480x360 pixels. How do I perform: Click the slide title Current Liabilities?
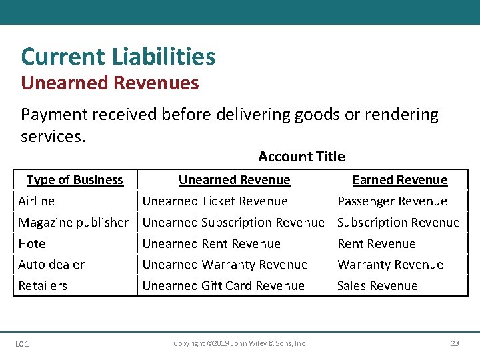pyautogui.click(x=118, y=57)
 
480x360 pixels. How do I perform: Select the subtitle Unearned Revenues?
pyautogui.click(x=109, y=83)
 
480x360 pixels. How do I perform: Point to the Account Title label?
pyautogui.click(x=301, y=157)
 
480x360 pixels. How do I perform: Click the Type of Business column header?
pyautogui.click(x=75, y=180)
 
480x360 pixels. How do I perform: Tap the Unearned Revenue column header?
pyautogui.click(x=234, y=180)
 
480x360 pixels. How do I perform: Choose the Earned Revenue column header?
pyautogui.click(x=399, y=180)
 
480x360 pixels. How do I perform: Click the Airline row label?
pyautogui.click(x=37, y=201)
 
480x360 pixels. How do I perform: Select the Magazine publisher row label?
pyautogui.click(x=73, y=223)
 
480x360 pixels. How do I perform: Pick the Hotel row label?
pyautogui.click(x=33, y=244)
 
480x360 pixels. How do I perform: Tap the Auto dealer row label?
pyautogui.click(x=51, y=265)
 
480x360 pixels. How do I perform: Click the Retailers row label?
pyautogui.click(x=43, y=286)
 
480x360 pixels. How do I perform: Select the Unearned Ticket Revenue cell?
pyautogui.click(x=215, y=201)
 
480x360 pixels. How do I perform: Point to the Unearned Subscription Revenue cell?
pyautogui.click(x=233, y=223)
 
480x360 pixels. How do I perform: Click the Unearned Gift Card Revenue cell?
pyautogui.click(x=223, y=286)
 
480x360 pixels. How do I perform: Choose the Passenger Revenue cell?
pyautogui.click(x=392, y=201)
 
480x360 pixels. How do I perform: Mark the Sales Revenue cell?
pyautogui.click(x=377, y=286)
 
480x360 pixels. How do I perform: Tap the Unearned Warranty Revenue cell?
pyautogui.click(x=225, y=265)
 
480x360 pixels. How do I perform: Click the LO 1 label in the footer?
pyautogui.click(x=21, y=344)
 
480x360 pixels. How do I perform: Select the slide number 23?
pyautogui.click(x=455, y=344)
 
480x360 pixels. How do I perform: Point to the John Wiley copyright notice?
pyautogui.click(x=239, y=344)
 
